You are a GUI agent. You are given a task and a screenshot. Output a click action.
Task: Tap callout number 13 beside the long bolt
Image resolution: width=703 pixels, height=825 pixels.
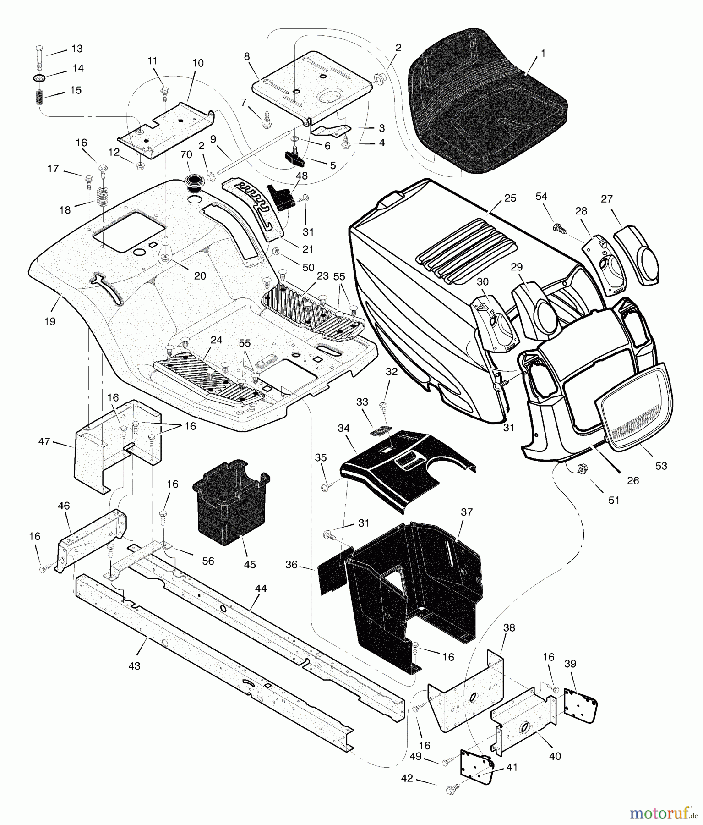(76, 49)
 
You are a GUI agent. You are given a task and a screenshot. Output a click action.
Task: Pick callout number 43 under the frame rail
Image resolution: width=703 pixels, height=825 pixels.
(134, 666)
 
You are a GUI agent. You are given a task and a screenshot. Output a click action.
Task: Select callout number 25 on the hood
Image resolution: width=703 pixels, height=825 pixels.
(510, 198)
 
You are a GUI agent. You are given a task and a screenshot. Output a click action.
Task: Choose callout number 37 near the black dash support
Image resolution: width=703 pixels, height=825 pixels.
(466, 512)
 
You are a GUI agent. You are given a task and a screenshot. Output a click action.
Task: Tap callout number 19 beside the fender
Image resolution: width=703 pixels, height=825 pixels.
(49, 321)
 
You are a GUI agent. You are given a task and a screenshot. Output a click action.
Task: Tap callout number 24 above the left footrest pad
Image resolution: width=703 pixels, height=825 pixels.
(216, 340)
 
